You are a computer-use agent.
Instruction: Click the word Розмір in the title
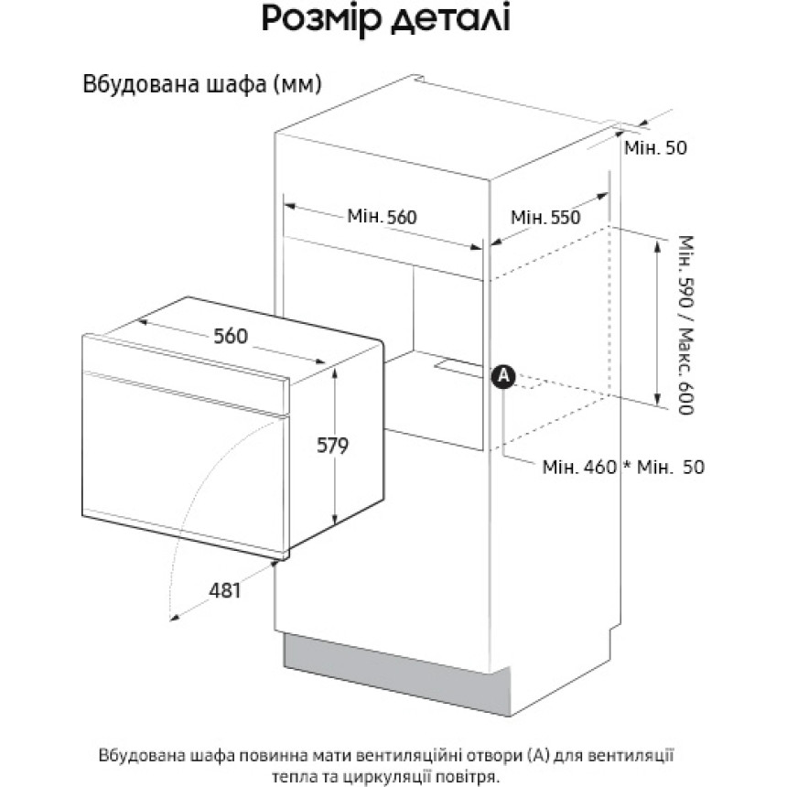coord(322,19)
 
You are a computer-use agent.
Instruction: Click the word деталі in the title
coord(451,18)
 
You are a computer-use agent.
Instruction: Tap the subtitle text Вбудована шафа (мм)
coord(201,84)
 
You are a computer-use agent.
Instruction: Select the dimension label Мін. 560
coord(382,217)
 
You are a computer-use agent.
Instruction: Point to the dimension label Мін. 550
coord(545,217)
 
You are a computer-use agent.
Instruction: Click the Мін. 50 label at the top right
coord(655,147)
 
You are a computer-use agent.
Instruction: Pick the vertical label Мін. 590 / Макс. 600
coord(685,325)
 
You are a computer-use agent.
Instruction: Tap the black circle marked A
coord(503,376)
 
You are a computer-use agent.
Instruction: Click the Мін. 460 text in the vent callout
coord(579,468)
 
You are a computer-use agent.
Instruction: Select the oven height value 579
coord(332,445)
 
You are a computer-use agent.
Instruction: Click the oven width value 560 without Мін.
coord(231,336)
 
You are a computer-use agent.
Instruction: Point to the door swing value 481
coord(225,590)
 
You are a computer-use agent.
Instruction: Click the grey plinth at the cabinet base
coord(396,674)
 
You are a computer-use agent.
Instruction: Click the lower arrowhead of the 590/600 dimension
coord(657,400)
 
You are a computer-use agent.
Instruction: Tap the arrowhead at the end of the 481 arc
coord(174,617)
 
